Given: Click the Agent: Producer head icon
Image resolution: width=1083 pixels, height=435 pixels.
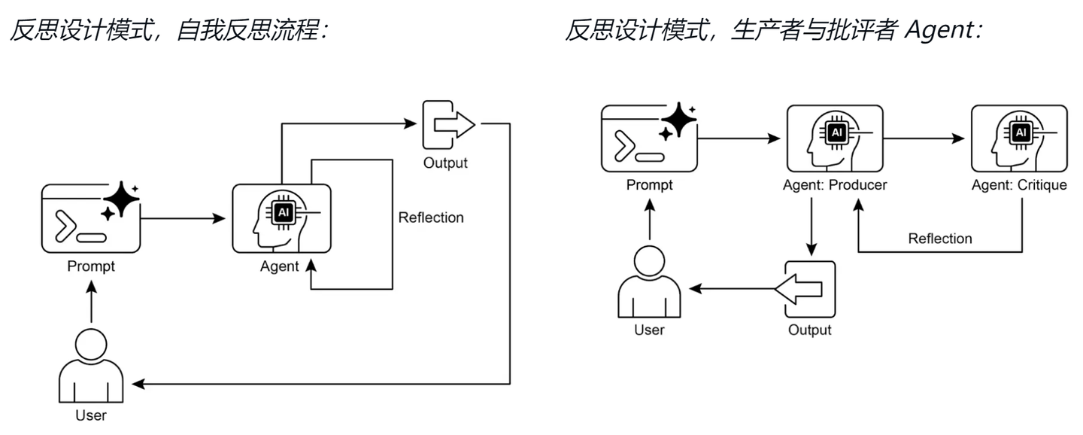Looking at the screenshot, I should (833, 138).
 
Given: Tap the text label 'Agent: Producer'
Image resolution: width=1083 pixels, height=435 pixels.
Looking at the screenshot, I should (833, 185).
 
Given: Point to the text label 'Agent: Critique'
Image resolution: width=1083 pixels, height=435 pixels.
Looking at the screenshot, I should (1019, 185).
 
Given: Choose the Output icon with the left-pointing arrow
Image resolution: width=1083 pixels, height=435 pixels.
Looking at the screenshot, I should (810, 289).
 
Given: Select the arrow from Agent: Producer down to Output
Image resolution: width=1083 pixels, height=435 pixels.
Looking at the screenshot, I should (811, 226).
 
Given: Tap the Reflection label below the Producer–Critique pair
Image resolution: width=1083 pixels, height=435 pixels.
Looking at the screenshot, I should (939, 239).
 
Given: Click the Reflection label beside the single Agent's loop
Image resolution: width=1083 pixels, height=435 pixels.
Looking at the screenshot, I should (431, 217).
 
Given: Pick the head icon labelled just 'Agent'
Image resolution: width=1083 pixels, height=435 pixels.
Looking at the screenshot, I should (281, 218).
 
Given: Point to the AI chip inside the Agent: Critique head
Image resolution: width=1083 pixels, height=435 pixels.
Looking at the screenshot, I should (1021, 133).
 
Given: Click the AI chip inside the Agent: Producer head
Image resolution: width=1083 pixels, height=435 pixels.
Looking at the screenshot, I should (836, 133).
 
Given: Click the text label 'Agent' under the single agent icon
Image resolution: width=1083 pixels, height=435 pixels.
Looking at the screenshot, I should (279, 266).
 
